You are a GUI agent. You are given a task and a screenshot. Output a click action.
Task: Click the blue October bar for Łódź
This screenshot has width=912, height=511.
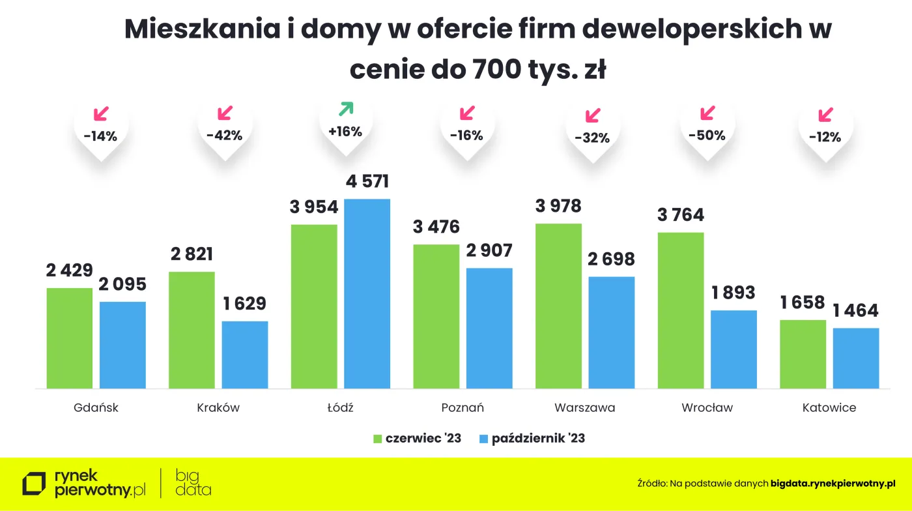[x=367, y=293]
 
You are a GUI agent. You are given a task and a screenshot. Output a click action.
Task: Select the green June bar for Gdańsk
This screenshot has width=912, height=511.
[x=70, y=338]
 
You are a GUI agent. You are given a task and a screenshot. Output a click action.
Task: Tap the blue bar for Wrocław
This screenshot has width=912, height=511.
[x=734, y=349]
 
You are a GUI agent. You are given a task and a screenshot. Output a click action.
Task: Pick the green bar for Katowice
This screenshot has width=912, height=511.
[x=803, y=354]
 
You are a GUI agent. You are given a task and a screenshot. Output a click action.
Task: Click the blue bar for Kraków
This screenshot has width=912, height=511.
[x=245, y=355]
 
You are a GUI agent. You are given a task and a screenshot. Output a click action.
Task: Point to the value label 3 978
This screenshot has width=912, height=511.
[x=558, y=207]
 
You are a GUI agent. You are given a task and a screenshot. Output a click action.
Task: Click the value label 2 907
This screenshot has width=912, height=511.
[x=489, y=250]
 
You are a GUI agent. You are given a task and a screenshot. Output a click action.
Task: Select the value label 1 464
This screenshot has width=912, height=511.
[x=855, y=310]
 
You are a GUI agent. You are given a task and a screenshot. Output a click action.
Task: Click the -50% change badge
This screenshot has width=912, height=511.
[x=707, y=136]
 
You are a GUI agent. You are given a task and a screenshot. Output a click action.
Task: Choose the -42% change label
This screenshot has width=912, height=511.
[x=224, y=136]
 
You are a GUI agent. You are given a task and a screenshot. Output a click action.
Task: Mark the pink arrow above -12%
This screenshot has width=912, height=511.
[x=825, y=115]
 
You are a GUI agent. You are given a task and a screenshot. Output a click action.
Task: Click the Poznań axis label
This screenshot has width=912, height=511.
[x=463, y=408]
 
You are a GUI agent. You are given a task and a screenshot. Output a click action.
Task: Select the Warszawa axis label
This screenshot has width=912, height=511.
[x=584, y=408]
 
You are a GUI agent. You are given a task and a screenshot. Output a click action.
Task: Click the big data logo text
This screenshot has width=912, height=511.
[x=193, y=483]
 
